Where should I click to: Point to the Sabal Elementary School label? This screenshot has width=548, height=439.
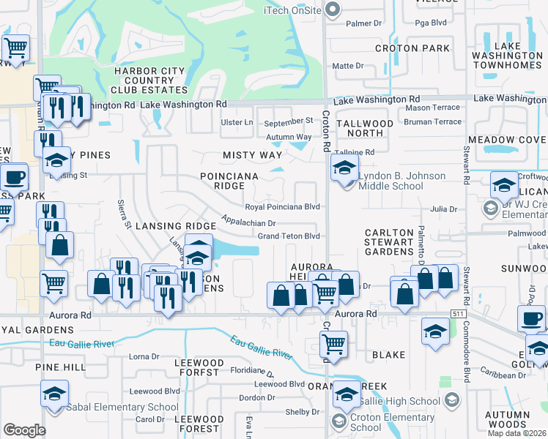click(x=121, y=408)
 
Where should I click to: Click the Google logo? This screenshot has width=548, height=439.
click(x=24, y=430)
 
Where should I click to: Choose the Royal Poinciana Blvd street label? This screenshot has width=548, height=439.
click(x=288, y=207)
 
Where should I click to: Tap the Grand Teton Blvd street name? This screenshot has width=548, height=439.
click(x=289, y=236)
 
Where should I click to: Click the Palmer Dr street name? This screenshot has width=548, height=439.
click(x=359, y=23)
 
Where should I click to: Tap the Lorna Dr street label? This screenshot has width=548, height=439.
click(x=144, y=357)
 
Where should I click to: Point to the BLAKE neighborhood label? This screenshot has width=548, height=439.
click(x=388, y=355)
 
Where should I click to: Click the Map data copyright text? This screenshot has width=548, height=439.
click(x=516, y=433)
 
